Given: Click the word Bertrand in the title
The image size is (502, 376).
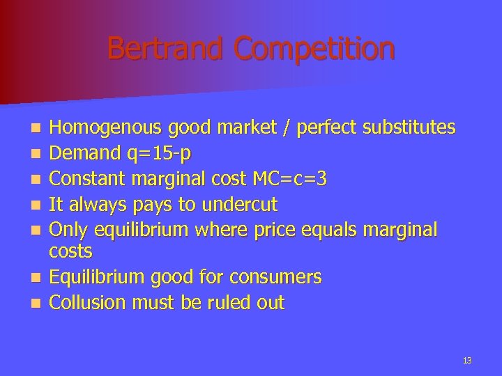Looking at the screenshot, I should [167, 49].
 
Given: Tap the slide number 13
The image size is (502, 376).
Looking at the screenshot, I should [466, 360].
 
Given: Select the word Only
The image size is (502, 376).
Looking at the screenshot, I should [70, 230].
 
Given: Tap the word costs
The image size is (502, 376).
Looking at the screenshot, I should [71, 250].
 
